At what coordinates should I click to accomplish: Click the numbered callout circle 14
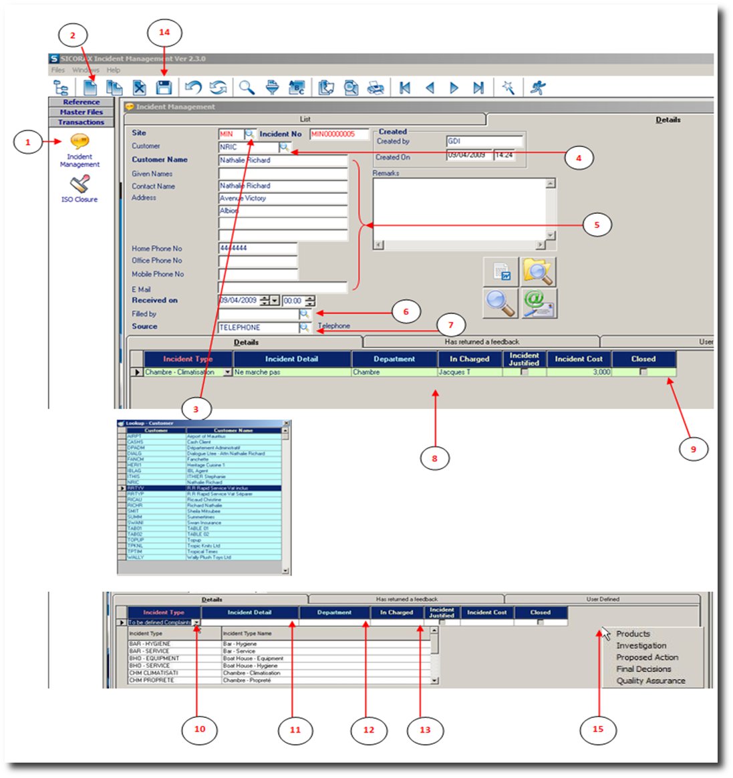(164, 32)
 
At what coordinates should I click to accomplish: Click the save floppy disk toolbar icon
(164, 87)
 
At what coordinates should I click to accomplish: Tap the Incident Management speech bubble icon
(80, 142)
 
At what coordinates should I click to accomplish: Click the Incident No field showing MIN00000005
(339, 134)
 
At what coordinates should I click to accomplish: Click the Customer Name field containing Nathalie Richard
(283, 160)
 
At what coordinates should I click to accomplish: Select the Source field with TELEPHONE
(258, 328)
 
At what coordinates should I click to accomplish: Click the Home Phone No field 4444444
(257, 248)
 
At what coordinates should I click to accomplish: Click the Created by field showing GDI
(484, 141)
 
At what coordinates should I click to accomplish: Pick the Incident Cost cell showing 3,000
(579, 372)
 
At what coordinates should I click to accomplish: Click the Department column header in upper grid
(394, 359)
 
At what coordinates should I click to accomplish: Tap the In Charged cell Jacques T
(469, 372)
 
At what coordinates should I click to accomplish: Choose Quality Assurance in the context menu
(650, 680)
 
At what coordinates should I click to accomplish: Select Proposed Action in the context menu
(647, 657)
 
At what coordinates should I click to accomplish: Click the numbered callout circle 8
(434, 458)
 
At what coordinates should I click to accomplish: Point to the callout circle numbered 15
(597, 729)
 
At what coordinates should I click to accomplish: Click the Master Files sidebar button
(82, 112)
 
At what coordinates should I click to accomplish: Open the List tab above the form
(305, 119)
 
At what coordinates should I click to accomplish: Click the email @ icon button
(539, 303)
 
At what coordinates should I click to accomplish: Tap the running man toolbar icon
(538, 87)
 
